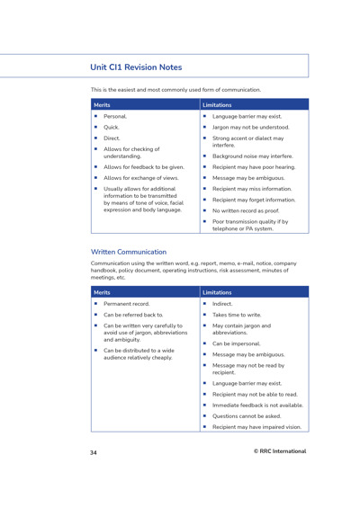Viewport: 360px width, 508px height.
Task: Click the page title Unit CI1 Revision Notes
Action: (x=136, y=67)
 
